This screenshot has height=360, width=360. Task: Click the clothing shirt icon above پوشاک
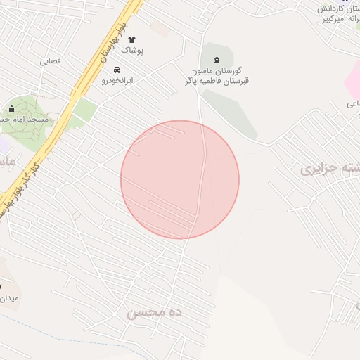coord(131,40)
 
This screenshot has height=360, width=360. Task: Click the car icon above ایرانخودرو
coord(117,70)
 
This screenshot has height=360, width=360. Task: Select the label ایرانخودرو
coord(117,81)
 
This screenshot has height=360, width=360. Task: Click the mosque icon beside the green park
coord(11,108)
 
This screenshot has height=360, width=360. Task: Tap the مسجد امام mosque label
coord(27,120)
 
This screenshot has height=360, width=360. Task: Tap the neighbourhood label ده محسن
coord(154,311)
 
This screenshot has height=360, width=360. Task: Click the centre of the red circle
coord(180,179)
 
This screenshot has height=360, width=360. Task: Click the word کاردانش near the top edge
coord(341,9)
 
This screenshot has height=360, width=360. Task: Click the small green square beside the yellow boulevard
coord(84,109)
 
